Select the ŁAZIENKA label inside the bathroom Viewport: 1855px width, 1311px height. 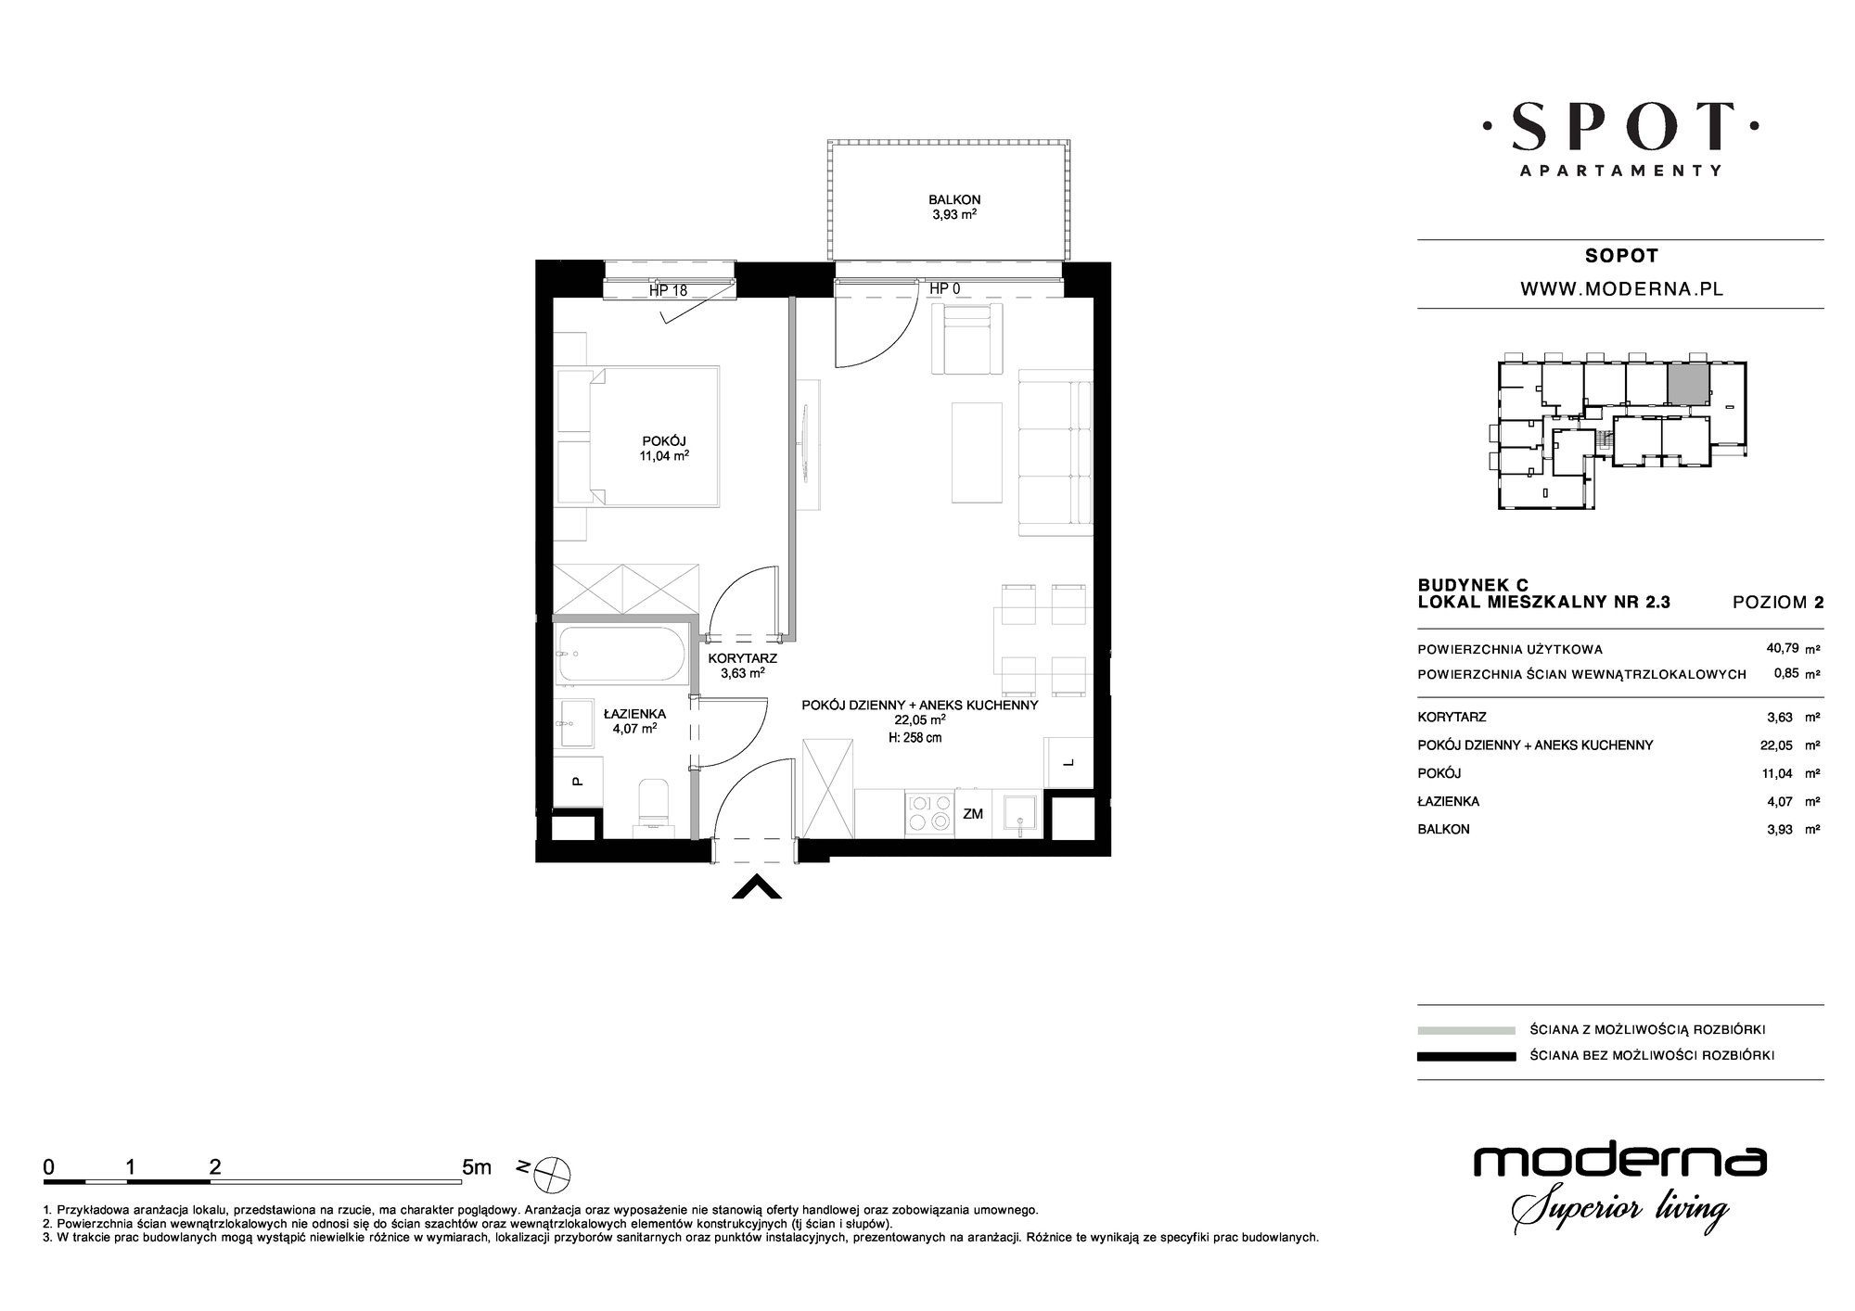click(634, 720)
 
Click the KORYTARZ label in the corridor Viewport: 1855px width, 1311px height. click(742, 666)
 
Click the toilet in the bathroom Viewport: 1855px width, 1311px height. click(654, 801)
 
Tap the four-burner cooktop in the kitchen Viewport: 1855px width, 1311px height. click(928, 811)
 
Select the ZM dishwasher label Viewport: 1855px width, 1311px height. click(972, 814)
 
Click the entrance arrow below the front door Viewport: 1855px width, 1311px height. click(757, 887)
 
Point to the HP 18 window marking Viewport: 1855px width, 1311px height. click(668, 290)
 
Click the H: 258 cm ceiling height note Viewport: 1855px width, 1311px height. click(915, 738)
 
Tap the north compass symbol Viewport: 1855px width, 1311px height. click(553, 1175)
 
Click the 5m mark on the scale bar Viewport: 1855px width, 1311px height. click(477, 1167)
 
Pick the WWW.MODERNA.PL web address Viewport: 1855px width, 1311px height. click(1621, 289)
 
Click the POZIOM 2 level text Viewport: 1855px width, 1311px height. click(1778, 602)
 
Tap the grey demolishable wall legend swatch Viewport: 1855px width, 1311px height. click(1466, 1030)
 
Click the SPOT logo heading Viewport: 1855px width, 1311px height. click(1621, 127)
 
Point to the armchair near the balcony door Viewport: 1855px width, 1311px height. click(966, 339)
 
